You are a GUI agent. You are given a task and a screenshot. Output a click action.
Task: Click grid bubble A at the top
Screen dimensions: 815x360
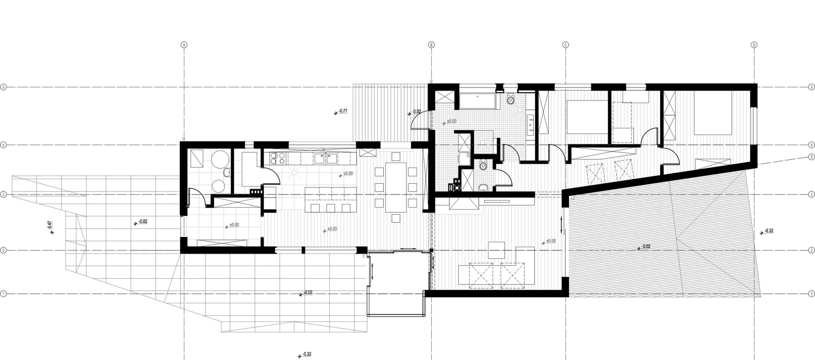(x=184, y=44)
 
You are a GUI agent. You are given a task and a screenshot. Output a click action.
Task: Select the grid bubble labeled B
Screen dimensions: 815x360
(x=431, y=44)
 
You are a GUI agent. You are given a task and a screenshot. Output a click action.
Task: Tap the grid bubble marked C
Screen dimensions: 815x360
(x=565, y=44)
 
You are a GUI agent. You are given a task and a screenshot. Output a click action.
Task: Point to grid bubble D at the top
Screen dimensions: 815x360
(x=754, y=44)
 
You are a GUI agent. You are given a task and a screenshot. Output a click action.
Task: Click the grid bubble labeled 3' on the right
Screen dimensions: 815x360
(x=811, y=157)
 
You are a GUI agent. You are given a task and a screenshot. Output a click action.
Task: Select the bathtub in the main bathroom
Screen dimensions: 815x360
(x=477, y=101)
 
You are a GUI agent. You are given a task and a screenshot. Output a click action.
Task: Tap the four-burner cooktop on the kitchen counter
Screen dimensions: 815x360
(x=278, y=158)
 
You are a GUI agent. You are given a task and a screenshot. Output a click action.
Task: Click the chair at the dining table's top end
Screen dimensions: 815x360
(x=396, y=157)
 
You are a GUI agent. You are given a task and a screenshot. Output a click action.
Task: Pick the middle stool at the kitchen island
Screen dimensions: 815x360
(x=330, y=208)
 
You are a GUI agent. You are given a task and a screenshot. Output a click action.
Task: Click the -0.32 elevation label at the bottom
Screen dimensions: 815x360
(x=307, y=354)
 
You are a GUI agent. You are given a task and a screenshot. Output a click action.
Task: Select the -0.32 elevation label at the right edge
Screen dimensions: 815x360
(x=769, y=231)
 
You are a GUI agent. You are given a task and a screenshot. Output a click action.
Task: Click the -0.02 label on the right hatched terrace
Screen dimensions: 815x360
(x=646, y=247)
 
